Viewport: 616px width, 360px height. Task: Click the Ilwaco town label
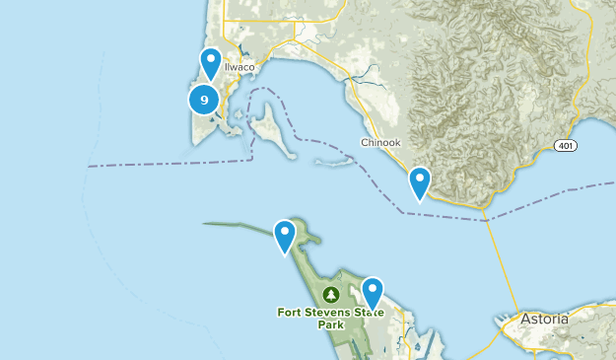[240, 67]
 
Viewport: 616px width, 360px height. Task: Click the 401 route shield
[565, 144]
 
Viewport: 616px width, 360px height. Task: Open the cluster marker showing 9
[204, 99]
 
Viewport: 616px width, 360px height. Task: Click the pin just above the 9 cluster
[211, 63]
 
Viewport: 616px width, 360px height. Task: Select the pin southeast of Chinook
[420, 182]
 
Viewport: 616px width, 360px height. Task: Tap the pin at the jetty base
[285, 236]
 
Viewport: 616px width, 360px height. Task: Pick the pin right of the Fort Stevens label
[373, 292]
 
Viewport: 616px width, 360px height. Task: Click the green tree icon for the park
[331, 294]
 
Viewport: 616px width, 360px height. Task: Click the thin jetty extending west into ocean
[237, 227]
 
